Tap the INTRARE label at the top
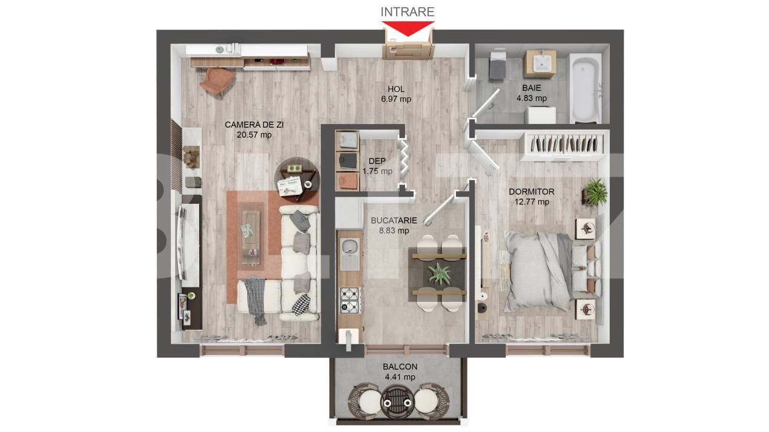point(408,11)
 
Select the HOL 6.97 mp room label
point(396,94)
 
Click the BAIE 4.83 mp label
point(532,93)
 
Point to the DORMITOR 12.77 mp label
point(532,197)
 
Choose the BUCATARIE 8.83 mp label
point(394,226)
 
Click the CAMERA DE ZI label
point(254,125)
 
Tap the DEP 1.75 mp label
point(377,166)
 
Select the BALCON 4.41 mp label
point(400,371)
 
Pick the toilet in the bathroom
point(498,65)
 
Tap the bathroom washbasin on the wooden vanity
point(540,63)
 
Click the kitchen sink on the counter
point(350,254)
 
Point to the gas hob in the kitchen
point(350,301)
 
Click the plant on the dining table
point(439,273)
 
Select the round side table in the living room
point(297,180)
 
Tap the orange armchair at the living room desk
point(217,81)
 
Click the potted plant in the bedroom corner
point(595,192)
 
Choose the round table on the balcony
point(398,402)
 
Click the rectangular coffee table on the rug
point(251,237)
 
